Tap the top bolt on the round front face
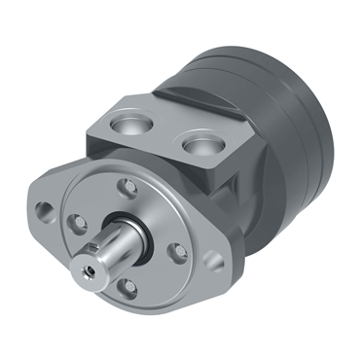pyautogui.click(x=125, y=188)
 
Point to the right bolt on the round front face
pyautogui.click(x=179, y=251)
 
